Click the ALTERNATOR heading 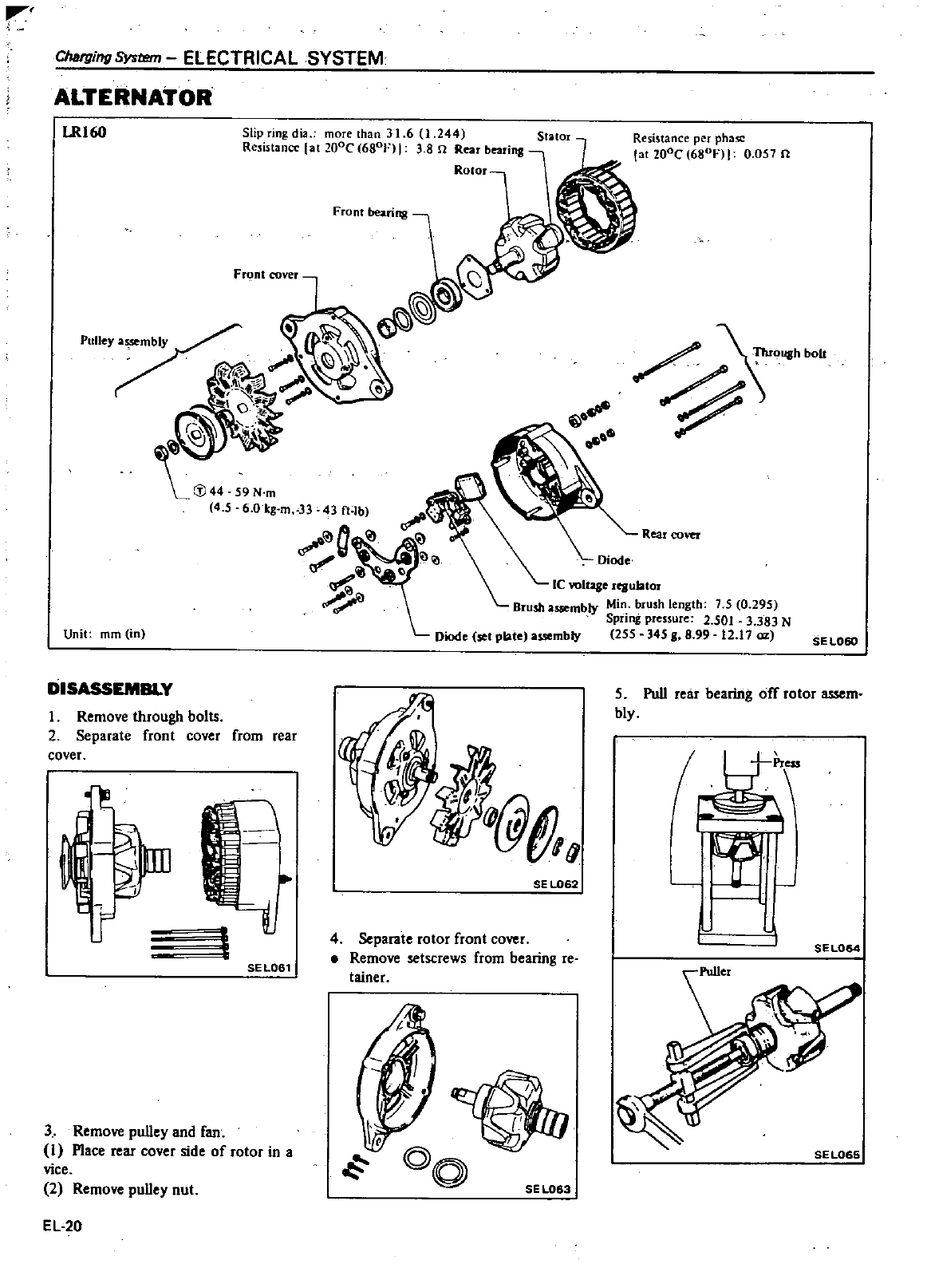point(133,97)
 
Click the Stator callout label point(554,136)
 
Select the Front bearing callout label point(369,212)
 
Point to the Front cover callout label point(265,275)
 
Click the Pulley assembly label point(124,342)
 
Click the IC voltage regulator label point(606,583)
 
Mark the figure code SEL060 point(835,640)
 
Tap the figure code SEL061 point(268,967)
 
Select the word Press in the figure point(786,763)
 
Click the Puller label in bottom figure point(714,972)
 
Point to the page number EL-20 point(63,1226)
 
